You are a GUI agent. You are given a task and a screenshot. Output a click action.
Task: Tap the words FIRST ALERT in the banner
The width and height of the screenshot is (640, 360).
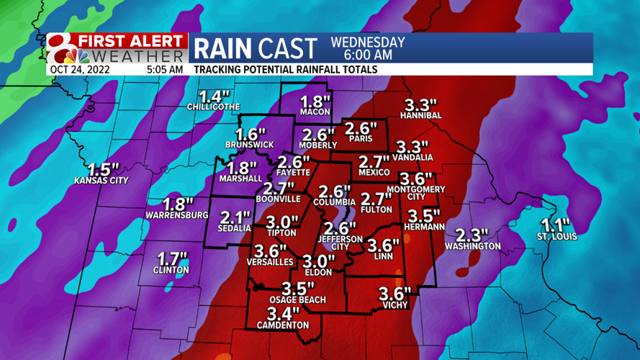tap(132, 41)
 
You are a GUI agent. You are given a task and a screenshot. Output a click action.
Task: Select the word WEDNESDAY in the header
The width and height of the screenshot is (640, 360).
tap(367, 42)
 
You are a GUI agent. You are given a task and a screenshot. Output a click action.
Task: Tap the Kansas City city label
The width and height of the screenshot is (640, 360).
tap(101, 181)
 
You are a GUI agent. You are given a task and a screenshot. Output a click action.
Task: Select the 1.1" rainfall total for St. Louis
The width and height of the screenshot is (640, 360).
tap(554, 224)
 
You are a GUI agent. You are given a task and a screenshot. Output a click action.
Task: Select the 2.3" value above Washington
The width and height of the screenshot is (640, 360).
tap(472, 235)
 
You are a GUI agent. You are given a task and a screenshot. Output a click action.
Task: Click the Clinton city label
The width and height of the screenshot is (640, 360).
tap(171, 270)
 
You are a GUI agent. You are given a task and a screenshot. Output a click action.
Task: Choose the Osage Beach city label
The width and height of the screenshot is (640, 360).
tap(297, 300)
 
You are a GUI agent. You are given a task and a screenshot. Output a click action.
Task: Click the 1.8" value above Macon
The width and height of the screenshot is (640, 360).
tap(314, 102)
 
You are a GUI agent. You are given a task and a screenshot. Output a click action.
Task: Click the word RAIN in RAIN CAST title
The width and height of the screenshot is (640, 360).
tap(222, 48)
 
